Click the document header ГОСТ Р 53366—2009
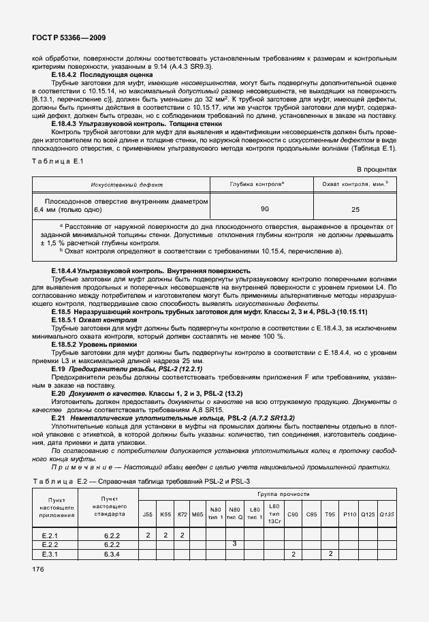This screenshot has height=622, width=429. pos(68,38)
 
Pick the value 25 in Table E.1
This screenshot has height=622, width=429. pos(355,209)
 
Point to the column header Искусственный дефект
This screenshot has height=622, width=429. pos(122,185)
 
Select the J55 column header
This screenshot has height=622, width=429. pos(148,514)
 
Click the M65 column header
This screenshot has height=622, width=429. pos(197,514)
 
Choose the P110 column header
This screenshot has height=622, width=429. pos(349,514)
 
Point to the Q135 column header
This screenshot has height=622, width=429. pos(386,514)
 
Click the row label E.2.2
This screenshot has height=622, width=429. pos(50,544)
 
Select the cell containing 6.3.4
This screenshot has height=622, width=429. pos(112,554)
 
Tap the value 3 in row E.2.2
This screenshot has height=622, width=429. pos(234,544)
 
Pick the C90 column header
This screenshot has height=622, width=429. pos(293,514)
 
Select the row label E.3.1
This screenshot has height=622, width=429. pos(50,554)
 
